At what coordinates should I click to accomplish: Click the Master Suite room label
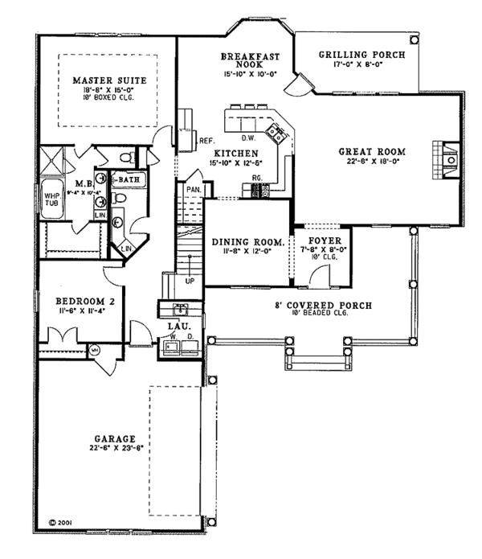click(101, 80)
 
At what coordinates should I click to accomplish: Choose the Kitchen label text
click(235, 153)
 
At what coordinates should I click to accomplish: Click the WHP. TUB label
click(51, 199)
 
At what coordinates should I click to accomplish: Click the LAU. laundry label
click(178, 325)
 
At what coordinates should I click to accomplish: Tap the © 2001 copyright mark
click(61, 522)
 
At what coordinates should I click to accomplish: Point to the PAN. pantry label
click(193, 189)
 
